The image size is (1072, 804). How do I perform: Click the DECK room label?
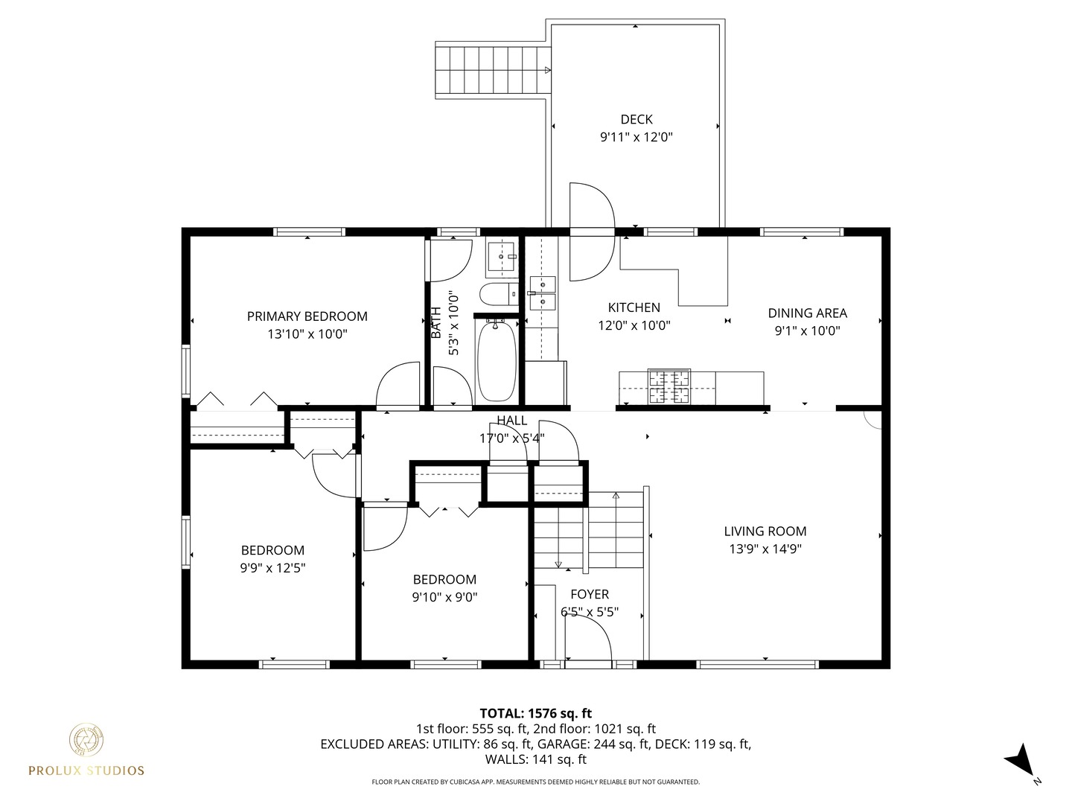[636, 119]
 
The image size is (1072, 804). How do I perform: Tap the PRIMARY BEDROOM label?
[307, 316]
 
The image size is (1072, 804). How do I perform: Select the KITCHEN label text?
[634, 307]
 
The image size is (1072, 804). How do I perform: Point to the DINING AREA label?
[807, 313]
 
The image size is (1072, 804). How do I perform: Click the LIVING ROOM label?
[765, 532]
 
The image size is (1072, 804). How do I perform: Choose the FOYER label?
[589, 594]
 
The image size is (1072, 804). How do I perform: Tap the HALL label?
[511, 421]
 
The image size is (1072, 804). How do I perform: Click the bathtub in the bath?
[497, 360]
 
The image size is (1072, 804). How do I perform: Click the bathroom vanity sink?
[502, 257]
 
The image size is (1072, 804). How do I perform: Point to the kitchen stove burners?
[669, 387]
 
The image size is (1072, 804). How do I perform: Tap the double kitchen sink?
[542, 293]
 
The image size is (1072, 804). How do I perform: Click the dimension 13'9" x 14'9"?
[765, 549]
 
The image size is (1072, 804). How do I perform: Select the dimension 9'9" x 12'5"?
[272, 568]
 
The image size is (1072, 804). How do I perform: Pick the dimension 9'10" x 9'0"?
[444, 597]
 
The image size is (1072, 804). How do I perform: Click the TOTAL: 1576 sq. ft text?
[535, 713]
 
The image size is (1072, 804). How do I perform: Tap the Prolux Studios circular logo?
[86, 740]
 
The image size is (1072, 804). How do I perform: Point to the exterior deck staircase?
[492, 70]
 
